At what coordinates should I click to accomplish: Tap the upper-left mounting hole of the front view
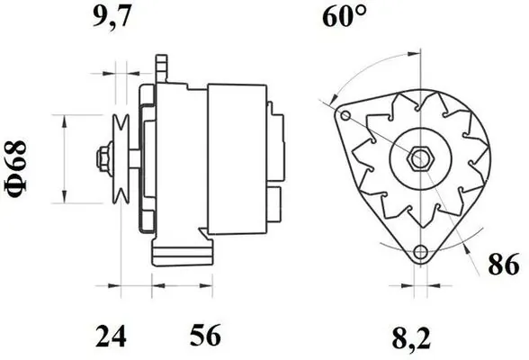click(x=345, y=116)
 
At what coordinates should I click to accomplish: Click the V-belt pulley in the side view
click(x=119, y=159)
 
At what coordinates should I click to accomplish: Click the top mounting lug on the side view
click(x=162, y=67)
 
